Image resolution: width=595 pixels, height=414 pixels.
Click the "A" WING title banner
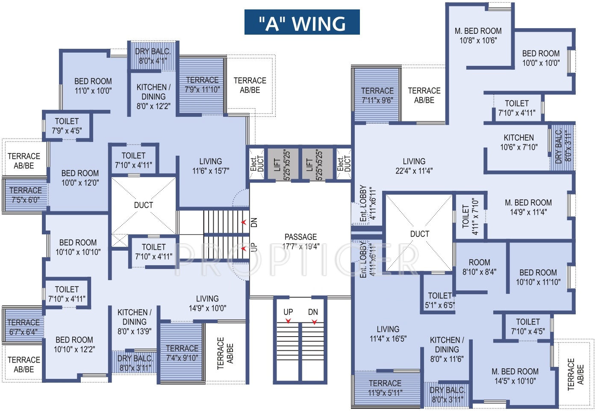coord(302,22)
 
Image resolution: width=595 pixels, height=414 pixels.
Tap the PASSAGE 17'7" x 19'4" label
coord(300,242)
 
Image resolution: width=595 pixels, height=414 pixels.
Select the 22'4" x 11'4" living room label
coord(414,166)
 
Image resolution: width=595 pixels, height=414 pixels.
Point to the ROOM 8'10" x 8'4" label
coord(480,267)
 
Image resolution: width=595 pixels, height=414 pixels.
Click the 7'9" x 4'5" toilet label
coord(67,126)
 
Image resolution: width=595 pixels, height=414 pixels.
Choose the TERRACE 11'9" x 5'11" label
coord(385,387)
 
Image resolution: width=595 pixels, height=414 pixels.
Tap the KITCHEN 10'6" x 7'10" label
coord(519,142)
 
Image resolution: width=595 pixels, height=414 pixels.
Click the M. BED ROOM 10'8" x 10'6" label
coord(478,35)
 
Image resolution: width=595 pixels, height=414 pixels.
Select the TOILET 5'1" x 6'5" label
coord(440,300)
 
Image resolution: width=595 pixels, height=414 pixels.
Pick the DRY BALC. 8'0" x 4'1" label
coord(153,56)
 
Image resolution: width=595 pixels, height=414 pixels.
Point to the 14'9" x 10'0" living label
coord(207,304)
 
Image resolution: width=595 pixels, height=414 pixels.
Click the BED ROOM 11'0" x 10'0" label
coord(93,86)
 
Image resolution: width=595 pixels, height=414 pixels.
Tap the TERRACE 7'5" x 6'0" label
coord(26,195)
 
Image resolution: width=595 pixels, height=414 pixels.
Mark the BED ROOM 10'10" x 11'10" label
coord(538,277)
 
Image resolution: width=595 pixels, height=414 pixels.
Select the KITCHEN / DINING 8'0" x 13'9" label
coord(134,322)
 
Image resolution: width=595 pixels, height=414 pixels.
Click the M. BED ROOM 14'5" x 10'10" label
coord(515,376)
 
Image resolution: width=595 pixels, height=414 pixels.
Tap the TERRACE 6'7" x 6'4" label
coord(24,327)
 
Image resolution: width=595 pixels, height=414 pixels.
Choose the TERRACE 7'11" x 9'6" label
coord(377,95)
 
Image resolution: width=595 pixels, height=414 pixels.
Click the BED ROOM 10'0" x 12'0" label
coord(80,178)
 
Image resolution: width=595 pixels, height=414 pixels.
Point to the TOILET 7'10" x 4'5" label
coord(528,327)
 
